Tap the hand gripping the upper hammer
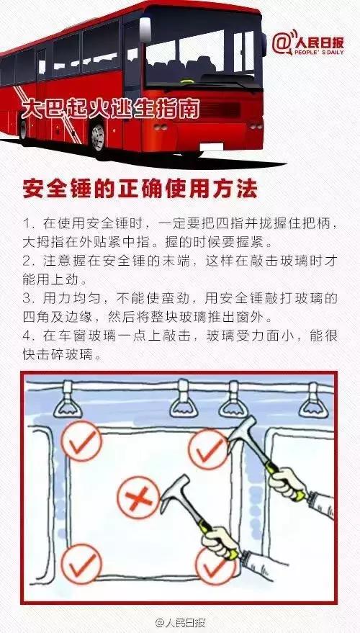pyautogui.click(x=288, y=480)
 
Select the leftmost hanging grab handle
pyautogui.click(x=69, y=398)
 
